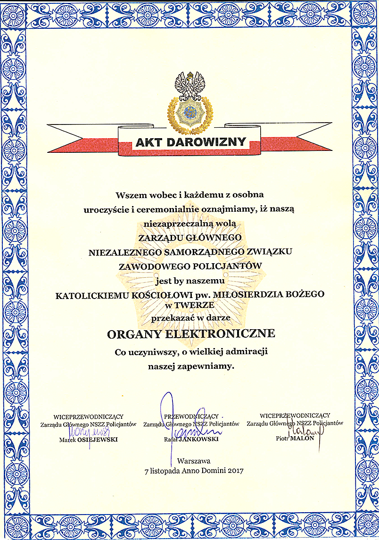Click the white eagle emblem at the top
click(190, 85)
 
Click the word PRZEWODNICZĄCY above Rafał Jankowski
click(191, 416)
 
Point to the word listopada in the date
click(166, 470)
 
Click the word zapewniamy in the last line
click(210, 366)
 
